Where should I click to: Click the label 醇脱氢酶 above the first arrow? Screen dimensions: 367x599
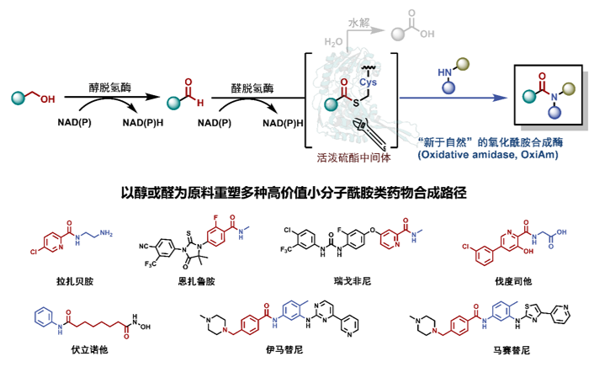tap(114, 86)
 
